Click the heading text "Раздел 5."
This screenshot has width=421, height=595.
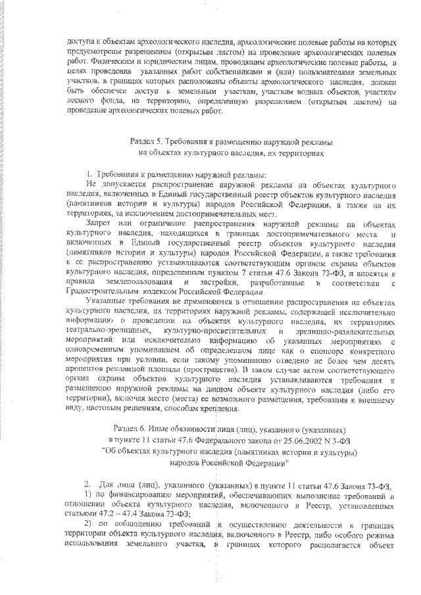click(x=146, y=141)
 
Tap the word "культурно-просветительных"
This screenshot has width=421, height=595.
click(x=212, y=331)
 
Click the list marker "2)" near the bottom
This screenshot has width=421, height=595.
click(x=90, y=525)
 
